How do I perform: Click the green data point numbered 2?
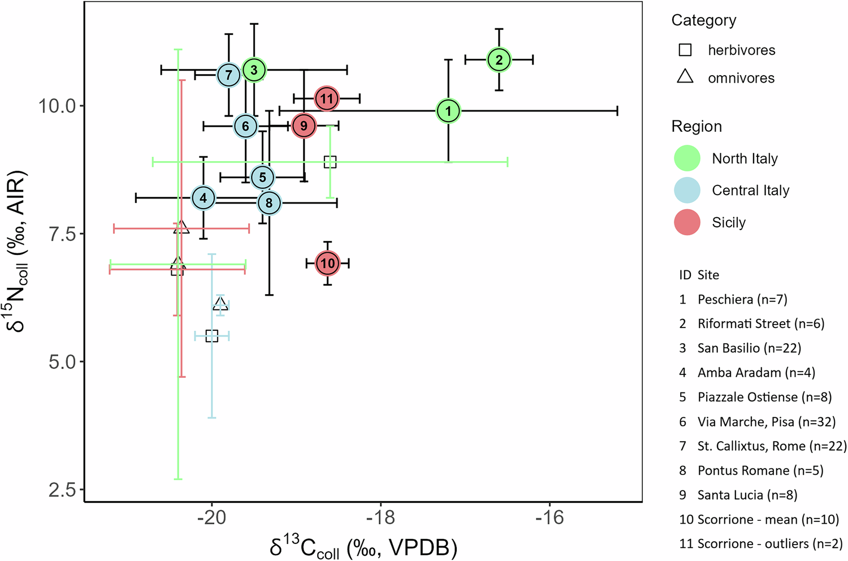pyautogui.click(x=499, y=59)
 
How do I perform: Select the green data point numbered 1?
pyautogui.click(x=448, y=111)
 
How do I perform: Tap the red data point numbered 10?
pyautogui.click(x=328, y=263)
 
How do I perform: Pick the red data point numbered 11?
pyautogui.click(x=327, y=99)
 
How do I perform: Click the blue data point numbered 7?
pyautogui.click(x=228, y=75)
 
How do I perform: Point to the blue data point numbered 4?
pyautogui.click(x=204, y=198)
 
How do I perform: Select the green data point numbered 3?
pyautogui.click(x=254, y=70)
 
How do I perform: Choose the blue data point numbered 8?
pyautogui.click(x=269, y=202)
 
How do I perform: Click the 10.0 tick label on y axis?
pyautogui.click(x=57, y=106)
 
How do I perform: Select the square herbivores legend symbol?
pyautogui.click(x=685, y=50)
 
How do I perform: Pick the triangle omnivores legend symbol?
pyautogui.click(x=685, y=76)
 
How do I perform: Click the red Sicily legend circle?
pyautogui.click(x=687, y=222)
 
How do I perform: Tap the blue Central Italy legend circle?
pyautogui.click(x=687, y=190)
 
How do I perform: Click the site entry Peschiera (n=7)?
pyautogui.click(x=742, y=299)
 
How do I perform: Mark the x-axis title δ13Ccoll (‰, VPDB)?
pyautogui.click(x=363, y=547)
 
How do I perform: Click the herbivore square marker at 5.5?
pyautogui.click(x=211, y=336)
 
